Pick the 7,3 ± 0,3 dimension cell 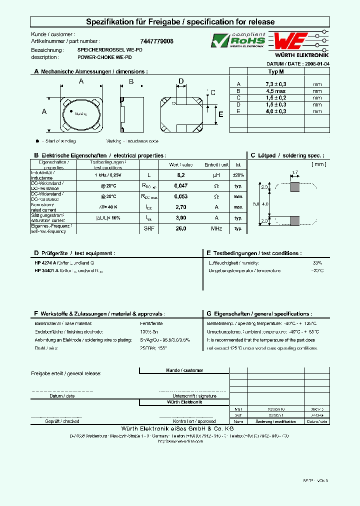point(276,84)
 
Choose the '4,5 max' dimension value point(276,91)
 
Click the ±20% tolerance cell point(238,175)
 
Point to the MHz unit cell point(216,228)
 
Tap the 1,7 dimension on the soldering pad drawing point(294,172)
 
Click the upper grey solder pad point(295,187)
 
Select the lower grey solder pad point(295,220)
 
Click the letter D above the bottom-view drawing point(181,81)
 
